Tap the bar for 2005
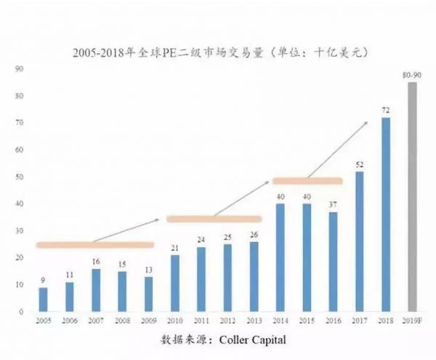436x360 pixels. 43,299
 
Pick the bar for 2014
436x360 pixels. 280,257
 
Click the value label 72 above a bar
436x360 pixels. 386,111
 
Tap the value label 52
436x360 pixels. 359,164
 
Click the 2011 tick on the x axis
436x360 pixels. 201,320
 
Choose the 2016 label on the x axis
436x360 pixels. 333,320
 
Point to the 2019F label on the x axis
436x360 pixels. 412,320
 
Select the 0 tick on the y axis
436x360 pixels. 23,311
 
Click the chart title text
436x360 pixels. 217,52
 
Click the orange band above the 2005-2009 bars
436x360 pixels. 94,244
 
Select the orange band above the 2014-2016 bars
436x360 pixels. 306,180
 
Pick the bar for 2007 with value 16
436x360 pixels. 95,289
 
